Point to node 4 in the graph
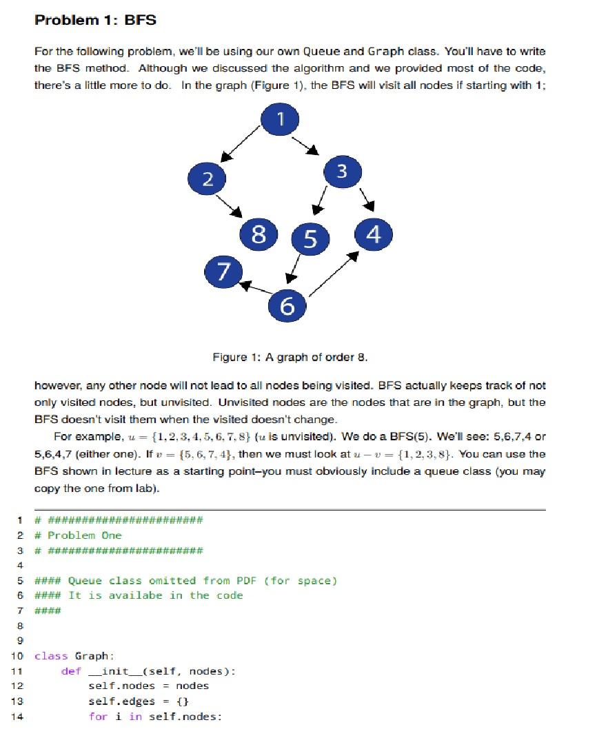click(x=374, y=234)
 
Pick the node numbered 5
click(x=310, y=239)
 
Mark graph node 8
click(x=259, y=234)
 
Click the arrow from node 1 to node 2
click(x=238, y=146)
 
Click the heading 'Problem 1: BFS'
click(x=95, y=21)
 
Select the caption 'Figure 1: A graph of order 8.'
click(x=290, y=357)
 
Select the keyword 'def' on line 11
click(x=71, y=671)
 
